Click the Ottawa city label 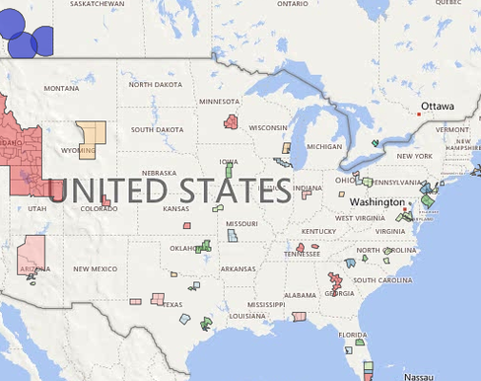pyautogui.click(x=438, y=106)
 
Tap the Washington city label pyautogui.click(x=377, y=202)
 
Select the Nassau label pyautogui.click(x=419, y=376)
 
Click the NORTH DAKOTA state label pyautogui.click(x=155, y=84)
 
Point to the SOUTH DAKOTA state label pyautogui.click(x=157, y=129)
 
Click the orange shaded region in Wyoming pyautogui.click(x=92, y=138)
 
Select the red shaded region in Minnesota pyautogui.click(x=231, y=121)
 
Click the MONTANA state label pyautogui.click(x=61, y=88)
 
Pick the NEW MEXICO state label pyautogui.click(x=95, y=268)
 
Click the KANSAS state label pyautogui.click(x=175, y=208)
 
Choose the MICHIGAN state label pyautogui.click(x=324, y=147)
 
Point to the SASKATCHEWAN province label pyautogui.click(x=98, y=4)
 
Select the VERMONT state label pyautogui.click(x=452, y=129)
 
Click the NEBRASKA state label pyautogui.click(x=165, y=172)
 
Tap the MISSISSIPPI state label pyautogui.click(x=265, y=304)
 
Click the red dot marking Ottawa pyautogui.click(x=419, y=114)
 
